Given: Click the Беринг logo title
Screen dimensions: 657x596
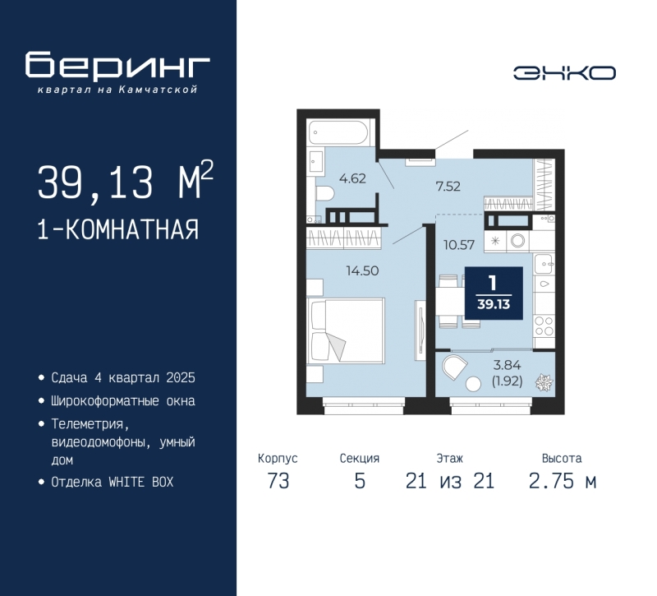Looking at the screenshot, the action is coord(117,65).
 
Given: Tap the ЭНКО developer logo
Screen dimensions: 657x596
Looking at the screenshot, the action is coord(564,73).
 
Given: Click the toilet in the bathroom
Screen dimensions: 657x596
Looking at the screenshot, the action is coord(324,193).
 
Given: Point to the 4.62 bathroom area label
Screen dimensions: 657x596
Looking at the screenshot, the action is coord(352,178).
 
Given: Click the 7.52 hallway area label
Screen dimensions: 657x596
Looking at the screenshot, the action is coord(448,187).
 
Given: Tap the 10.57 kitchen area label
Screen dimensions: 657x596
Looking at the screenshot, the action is coord(459,244).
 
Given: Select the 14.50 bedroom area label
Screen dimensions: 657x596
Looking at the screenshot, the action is coord(362,271).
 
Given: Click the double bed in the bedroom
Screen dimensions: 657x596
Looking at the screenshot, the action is coord(346,330).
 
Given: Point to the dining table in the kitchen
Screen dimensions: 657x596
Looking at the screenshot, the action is coord(449,302).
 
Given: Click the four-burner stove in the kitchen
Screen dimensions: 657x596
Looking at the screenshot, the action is coord(544,326).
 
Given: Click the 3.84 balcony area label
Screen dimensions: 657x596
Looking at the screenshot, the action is coord(507,365).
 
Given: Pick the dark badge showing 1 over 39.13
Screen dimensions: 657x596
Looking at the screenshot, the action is coord(494,293).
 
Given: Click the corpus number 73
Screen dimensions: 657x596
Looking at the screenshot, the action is coord(278,481).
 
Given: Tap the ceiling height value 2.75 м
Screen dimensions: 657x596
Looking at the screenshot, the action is coord(562,481).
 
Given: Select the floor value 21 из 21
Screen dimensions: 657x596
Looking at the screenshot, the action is coord(449,481).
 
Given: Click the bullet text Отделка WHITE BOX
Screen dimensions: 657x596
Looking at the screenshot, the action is coord(113,483).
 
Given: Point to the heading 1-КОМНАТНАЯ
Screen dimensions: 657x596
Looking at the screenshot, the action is coord(118,230).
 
